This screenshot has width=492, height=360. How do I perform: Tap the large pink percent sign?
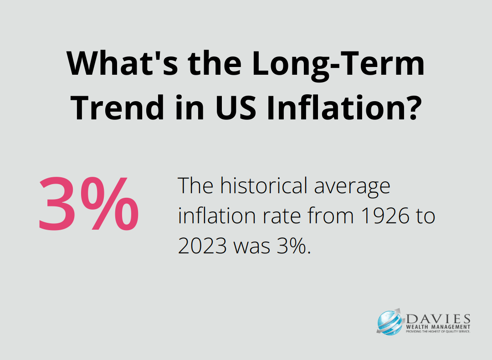point(109,204)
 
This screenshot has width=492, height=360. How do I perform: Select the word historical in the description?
point(263,185)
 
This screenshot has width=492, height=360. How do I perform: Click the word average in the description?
point(352,187)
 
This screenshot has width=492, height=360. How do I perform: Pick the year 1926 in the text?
point(385,216)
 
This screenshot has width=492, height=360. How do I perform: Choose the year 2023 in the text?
point(202,246)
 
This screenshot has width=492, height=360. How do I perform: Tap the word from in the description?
point(331,216)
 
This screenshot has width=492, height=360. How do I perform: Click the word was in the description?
point(251,248)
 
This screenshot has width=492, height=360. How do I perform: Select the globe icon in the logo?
point(389,322)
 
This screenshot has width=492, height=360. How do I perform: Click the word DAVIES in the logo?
point(438,319)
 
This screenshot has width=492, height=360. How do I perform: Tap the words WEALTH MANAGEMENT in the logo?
point(438,327)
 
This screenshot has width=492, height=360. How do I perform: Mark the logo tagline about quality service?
point(438,331)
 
